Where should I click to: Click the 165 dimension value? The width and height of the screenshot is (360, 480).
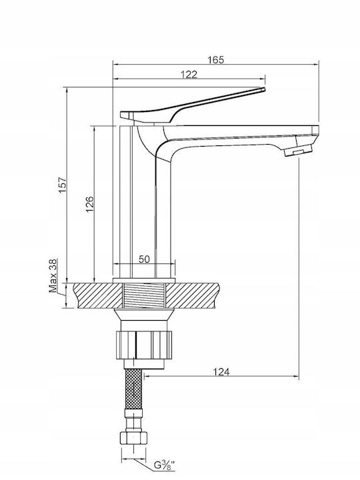point(216,60)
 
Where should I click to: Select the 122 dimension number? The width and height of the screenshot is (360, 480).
point(189,75)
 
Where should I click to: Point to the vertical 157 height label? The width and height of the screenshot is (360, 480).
point(63,185)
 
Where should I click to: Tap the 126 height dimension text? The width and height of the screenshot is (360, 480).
point(89,205)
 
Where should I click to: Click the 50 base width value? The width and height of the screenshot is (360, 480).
point(144,259)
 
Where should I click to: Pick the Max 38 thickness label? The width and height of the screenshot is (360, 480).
point(53,275)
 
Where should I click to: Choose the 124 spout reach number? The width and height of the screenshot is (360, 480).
point(221,372)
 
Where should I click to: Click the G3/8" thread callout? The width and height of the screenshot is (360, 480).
point(164,465)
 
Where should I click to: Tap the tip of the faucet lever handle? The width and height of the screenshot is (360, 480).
point(264,89)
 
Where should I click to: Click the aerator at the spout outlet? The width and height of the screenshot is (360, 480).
point(298,150)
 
